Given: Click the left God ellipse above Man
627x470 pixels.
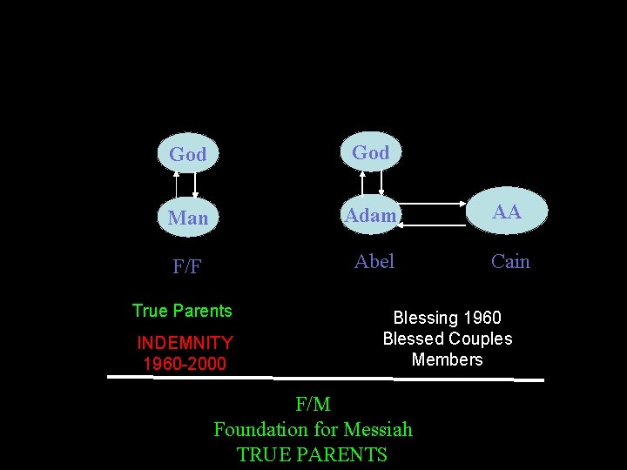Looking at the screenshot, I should [188, 154].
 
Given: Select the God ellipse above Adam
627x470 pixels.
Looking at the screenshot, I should [371, 152].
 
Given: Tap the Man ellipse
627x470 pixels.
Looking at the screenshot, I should [188, 217].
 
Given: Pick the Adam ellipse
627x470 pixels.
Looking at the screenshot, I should [371, 214].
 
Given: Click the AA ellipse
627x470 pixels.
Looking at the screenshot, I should [507, 211].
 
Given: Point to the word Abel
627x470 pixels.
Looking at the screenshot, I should [374, 261].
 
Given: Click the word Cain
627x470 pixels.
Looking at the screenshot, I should [510, 261].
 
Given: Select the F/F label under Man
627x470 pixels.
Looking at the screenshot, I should [187, 266].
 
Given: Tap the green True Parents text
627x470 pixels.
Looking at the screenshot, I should [182, 311].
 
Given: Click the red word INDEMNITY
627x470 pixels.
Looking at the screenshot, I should [185, 343].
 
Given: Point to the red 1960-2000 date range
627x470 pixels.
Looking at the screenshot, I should [185, 363].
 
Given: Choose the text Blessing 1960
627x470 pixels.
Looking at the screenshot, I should [448, 319].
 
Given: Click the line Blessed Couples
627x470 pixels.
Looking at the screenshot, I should [448, 339].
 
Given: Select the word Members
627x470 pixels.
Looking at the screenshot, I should [448, 359].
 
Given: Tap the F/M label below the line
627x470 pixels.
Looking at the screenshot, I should [313, 404].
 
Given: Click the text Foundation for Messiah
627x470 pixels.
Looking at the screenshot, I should [313, 429].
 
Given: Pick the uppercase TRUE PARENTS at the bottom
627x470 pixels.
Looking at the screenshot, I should [313, 454].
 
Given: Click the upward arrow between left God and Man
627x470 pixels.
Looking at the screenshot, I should [177, 185].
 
